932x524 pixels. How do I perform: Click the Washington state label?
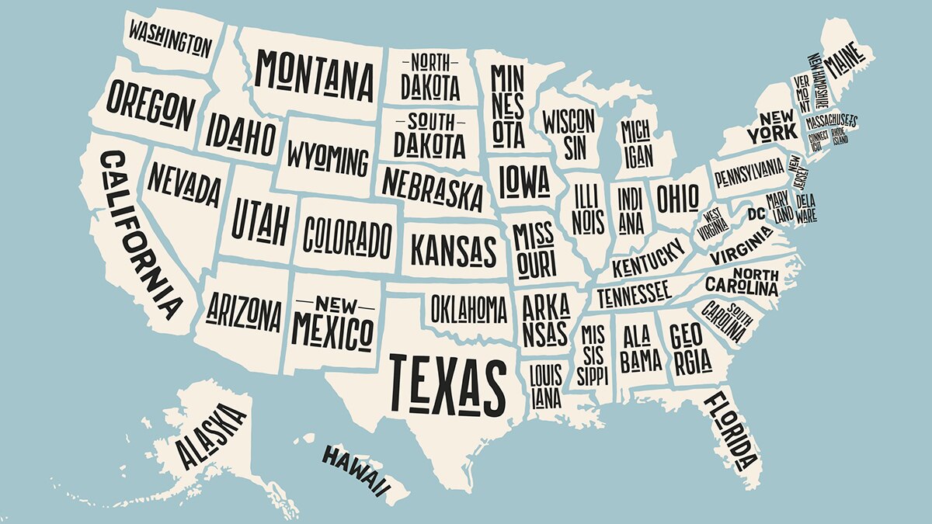169,38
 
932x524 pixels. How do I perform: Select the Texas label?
447,383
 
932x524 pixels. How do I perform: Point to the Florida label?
731,431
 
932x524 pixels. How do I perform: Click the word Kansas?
453,250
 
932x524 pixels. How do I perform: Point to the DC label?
756,213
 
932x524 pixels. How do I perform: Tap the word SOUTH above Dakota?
431,122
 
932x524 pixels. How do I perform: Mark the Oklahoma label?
468,310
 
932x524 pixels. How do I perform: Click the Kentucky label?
649,259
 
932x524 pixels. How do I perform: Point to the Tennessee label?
633,293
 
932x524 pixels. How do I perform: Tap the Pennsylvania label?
749,172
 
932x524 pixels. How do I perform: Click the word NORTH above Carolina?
755,274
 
